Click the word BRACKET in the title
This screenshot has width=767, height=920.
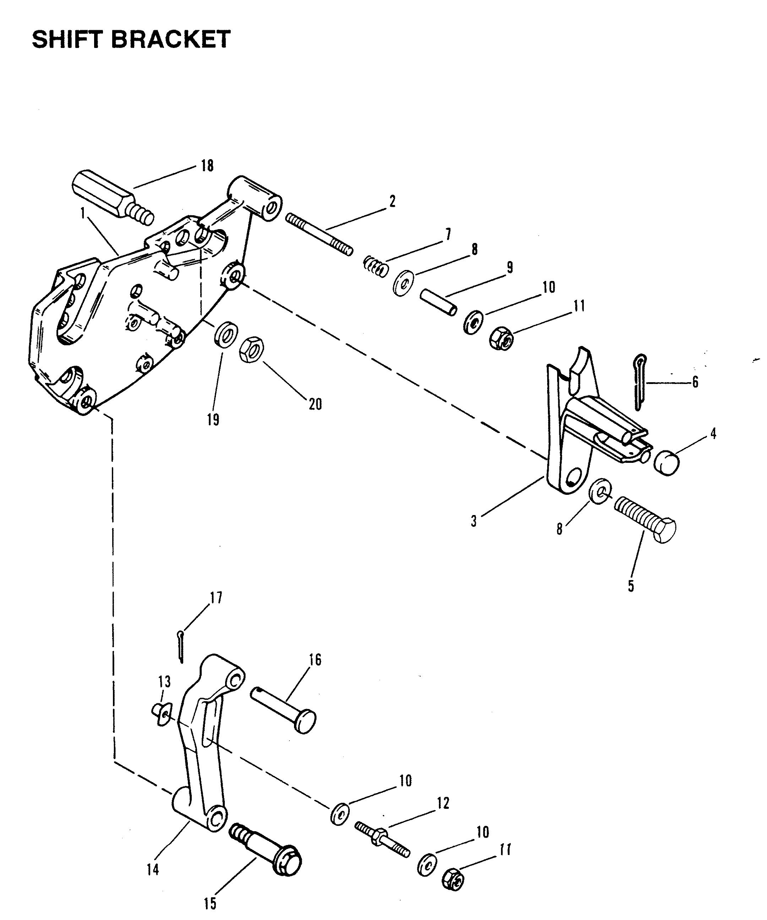click(x=171, y=39)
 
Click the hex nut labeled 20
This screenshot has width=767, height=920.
click(x=251, y=349)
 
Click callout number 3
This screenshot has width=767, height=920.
click(x=474, y=522)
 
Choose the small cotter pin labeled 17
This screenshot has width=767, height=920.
click(x=181, y=645)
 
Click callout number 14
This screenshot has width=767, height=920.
click(x=153, y=869)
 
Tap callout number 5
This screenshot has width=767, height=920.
click(x=631, y=586)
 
